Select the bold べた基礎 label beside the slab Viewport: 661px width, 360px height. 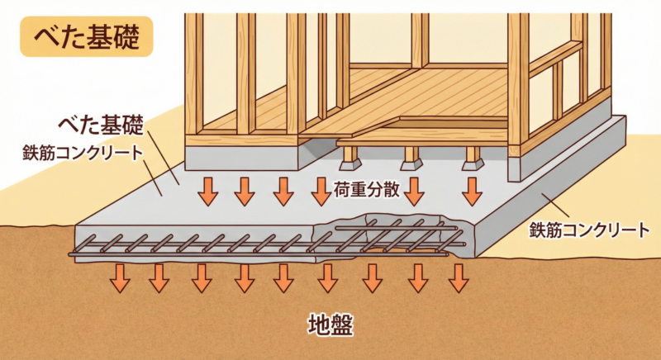point(100,126)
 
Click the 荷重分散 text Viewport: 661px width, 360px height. point(368,190)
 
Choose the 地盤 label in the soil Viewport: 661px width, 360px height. point(330,324)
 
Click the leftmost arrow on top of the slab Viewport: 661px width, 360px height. point(207,191)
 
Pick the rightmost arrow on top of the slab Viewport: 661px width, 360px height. point(472,191)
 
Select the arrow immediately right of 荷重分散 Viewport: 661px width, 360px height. point(414,191)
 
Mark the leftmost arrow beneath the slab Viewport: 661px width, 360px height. point(121,277)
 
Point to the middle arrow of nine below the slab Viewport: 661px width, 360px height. point(283,277)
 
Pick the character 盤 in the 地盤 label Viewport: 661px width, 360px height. point(341,324)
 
